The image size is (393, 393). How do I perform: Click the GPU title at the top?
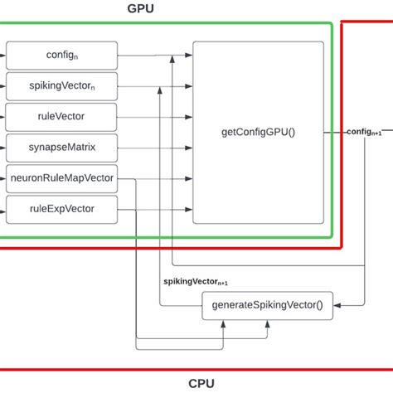[140, 9]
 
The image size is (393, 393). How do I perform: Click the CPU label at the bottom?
[202, 383]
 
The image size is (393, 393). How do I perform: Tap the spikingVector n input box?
[61, 85]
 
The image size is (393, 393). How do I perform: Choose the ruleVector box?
[61, 116]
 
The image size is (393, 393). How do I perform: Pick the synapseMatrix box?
[61, 147]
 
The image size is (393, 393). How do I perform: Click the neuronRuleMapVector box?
[61, 177]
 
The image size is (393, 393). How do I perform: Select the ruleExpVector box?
[61, 208]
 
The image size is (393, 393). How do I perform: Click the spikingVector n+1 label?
[196, 282]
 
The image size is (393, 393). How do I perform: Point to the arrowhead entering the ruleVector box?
[4, 116]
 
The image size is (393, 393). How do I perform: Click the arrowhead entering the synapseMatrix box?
[4, 147]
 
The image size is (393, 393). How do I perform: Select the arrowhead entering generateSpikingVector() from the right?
[335, 306]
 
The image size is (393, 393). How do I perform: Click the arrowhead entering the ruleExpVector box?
[4, 208]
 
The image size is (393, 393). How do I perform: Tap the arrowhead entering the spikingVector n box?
[4, 85]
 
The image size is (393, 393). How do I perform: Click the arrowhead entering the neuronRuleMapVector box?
[4, 177]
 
